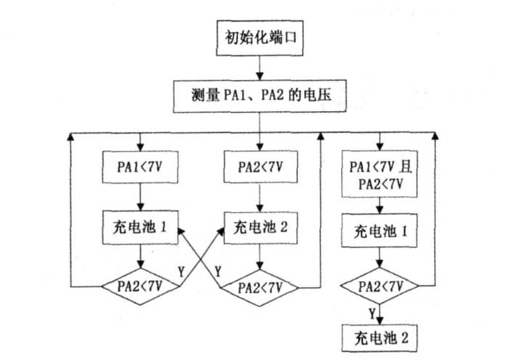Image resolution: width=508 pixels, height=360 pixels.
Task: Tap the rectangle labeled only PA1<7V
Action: pyautogui.click(x=139, y=166)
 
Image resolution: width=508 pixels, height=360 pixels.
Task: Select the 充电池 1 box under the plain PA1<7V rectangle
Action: pyautogui.click(x=139, y=226)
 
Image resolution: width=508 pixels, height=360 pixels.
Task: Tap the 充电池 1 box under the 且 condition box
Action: pyautogui.click(x=378, y=233)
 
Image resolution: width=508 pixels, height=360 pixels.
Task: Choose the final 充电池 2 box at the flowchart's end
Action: pyautogui.click(x=378, y=337)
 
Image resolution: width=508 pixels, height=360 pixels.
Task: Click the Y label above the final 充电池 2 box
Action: pyautogui.click(x=371, y=314)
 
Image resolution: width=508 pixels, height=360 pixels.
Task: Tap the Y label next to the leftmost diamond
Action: pyautogui.click(x=181, y=271)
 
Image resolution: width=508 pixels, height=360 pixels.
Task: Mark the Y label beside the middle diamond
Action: pyautogui.click(x=217, y=271)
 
